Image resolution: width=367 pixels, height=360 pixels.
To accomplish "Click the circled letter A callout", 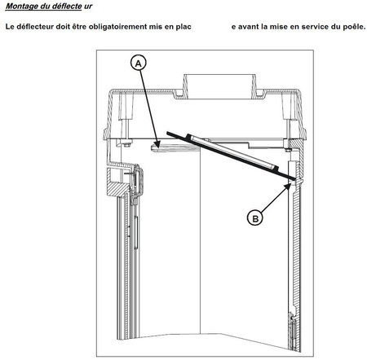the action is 139,64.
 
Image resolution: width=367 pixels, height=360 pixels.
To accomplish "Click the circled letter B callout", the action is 255,218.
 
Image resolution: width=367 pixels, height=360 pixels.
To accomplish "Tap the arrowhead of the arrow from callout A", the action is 157,143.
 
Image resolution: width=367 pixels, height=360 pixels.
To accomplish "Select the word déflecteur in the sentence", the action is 36,27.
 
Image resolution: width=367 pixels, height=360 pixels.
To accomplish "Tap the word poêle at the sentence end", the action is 356,27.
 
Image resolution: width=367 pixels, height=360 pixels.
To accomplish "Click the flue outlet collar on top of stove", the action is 219,86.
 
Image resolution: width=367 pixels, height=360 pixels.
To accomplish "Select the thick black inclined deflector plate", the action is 231,156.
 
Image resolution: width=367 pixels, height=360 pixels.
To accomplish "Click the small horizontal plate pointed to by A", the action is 175,147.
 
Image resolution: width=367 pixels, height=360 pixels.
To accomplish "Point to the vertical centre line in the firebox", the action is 200,239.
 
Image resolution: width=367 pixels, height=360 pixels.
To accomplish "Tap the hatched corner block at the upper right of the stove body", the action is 296,144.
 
